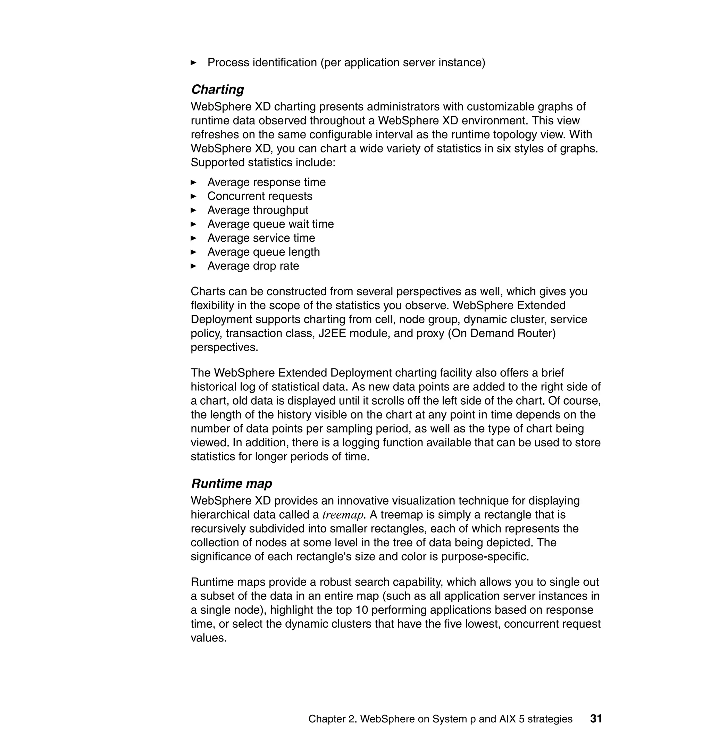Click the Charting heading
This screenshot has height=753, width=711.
point(217,90)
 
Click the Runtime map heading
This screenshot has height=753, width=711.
point(231,483)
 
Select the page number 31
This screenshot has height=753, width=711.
point(596,719)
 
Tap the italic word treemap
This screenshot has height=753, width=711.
point(343,515)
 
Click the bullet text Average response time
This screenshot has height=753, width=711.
point(266,182)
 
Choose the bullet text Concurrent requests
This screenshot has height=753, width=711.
point(260,196)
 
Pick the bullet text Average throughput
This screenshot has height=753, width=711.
point(258,210)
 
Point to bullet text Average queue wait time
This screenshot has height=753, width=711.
point(270,224)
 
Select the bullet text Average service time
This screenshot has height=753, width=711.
point(261,238)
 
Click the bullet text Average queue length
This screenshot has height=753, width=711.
point(264,252)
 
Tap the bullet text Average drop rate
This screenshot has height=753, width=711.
point(253,266)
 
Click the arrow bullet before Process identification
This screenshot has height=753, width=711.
point(193,63)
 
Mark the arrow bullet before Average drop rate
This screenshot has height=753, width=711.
point(193,266)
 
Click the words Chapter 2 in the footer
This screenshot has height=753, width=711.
point(332,719)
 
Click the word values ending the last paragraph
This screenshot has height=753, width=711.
point(208,638)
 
